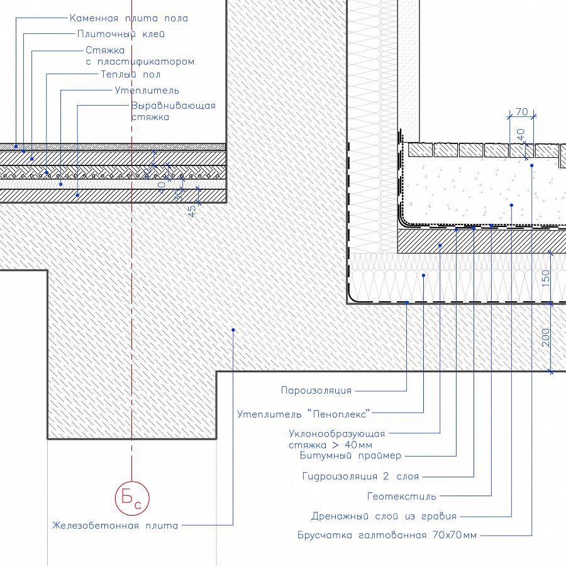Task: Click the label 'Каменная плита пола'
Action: click(128, 18)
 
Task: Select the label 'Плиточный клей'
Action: click(121, 34)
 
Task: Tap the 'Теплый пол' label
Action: click(130, 74)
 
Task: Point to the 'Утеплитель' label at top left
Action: click(147, 90)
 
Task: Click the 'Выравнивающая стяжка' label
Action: click(173, 111)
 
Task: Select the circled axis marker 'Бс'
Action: click(132, 499)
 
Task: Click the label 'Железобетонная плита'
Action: click(115, 525)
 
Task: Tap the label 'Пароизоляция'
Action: click(316, 391)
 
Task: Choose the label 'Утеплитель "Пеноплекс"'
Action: click(304, 413)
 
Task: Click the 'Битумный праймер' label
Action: click(350, 455)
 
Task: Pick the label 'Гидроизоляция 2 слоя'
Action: click(360, 476)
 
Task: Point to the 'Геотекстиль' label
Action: click(401, 496)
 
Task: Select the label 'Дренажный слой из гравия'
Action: click(384, 516)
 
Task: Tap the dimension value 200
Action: click(545, 337)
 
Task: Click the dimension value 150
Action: click(545, 277)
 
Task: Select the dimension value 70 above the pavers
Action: click(521, 112)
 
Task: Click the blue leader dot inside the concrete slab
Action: click(233, 329)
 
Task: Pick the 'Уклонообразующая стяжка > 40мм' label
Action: click(336, 439)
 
